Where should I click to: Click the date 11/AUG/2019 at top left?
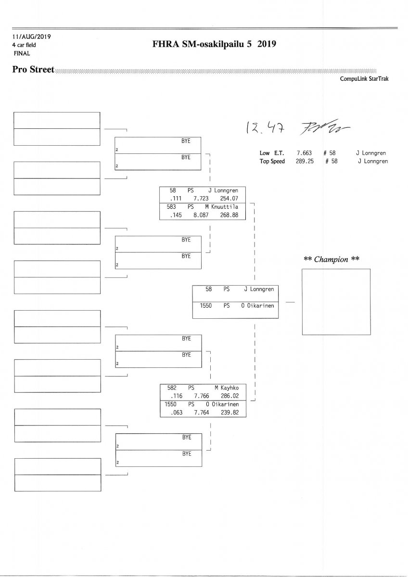(32, 37)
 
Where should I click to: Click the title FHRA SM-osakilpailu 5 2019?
(214, 45)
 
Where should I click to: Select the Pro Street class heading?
(33, 70)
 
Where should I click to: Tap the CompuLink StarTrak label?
(364, 79)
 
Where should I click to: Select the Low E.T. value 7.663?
(304, 153)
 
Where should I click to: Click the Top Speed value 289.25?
(305, 162)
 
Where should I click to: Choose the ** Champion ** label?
(331, 259)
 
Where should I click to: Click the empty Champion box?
(336, 301)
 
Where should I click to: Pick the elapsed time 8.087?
(201, 215)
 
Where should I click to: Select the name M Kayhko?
(226, 388)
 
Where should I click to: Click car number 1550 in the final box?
(206, 305)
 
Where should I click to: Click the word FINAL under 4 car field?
(22, 53)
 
